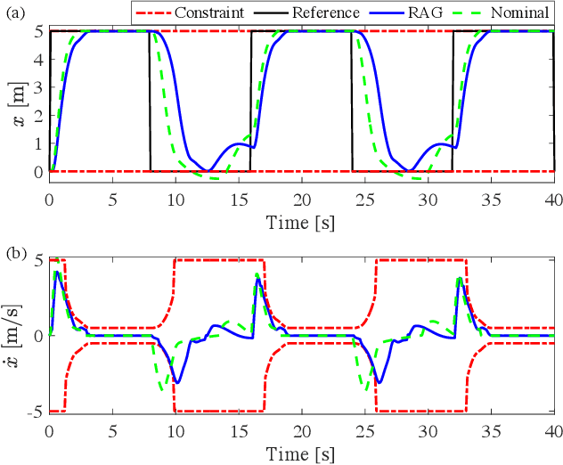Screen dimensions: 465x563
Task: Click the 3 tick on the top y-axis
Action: coord(37,87)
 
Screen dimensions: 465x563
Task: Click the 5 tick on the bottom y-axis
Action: coord(37,260)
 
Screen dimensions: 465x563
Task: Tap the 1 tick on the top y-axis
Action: coord(37,143)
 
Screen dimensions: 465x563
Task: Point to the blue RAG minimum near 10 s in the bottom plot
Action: coord(177,382)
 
